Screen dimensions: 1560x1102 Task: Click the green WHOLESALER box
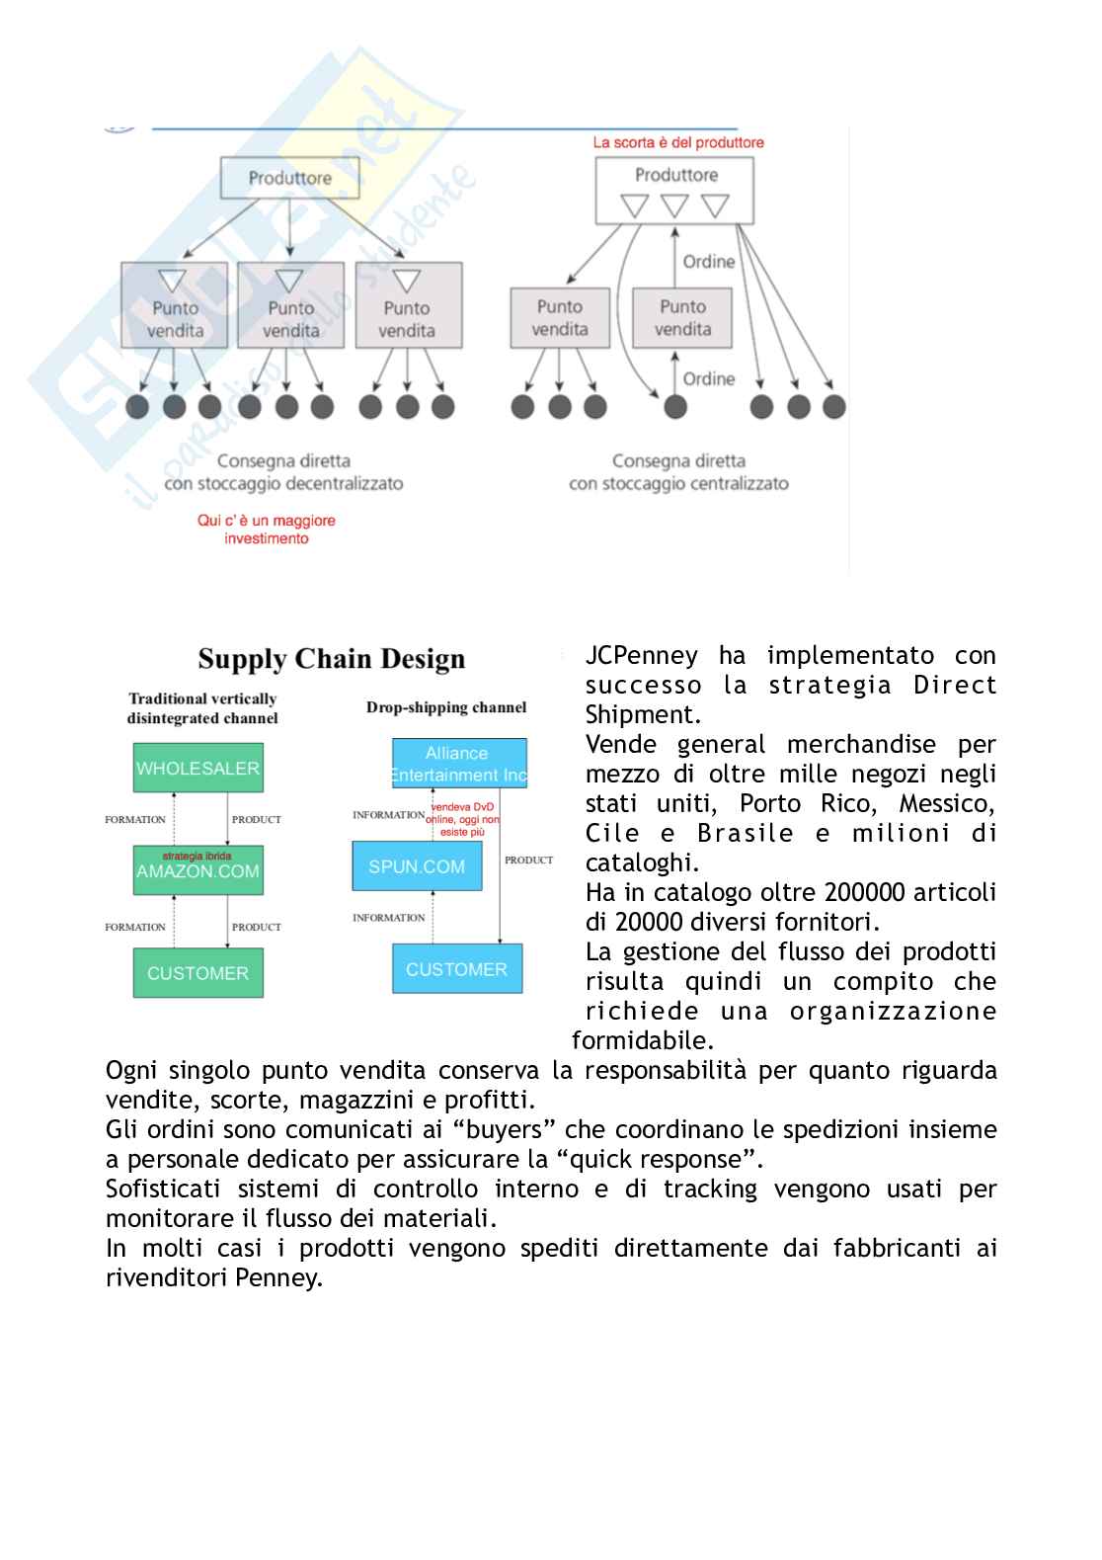(x=197, y=768)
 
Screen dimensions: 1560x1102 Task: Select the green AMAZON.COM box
(x=197, y=871)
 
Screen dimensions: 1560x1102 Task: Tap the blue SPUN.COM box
(x=417, y=866)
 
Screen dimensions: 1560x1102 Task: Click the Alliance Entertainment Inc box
(x=458, y=764)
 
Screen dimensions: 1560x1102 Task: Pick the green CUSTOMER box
(x=197, y=973)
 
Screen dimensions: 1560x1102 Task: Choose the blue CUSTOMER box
(x=456, y=969)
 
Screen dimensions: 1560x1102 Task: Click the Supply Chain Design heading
(x=331, y=659)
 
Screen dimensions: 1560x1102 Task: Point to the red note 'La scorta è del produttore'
(x=677, y=142)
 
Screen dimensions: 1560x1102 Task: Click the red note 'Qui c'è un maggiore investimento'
(x=267, y=530)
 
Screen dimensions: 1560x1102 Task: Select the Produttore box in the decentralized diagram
(x=289, y=179)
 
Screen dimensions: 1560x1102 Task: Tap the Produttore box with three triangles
(x=675, y=191)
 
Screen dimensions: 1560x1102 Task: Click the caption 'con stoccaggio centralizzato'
(x=678, y=484)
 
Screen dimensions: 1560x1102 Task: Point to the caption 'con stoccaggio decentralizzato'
(x=283, y=484)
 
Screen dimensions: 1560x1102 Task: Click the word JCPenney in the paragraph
(x=641, y=656)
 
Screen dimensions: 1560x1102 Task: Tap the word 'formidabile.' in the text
(x=643, y=1041)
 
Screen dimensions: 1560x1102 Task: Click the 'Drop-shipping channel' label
(x=446, y=707)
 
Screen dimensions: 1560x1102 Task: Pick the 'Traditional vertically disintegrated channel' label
(x=202, y=708)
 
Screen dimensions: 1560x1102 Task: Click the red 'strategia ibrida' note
(x=197, y=856)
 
